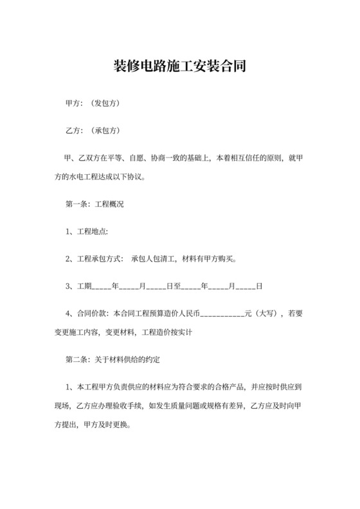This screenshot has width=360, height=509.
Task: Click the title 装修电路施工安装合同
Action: [x=179, y=67]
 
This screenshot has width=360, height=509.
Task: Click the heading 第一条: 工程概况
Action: [x=94, y=204]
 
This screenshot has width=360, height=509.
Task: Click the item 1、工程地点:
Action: [x=88, y=231]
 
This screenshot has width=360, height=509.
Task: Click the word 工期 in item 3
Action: [x=85, y=287]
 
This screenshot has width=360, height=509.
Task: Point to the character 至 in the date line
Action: [x=178, y=287]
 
